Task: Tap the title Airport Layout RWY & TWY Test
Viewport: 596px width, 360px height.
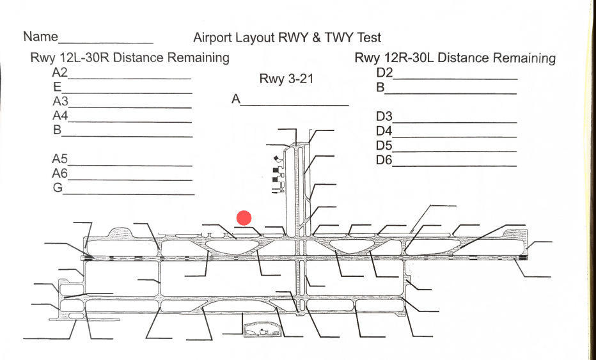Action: pyautogui.click(x=287, y=38)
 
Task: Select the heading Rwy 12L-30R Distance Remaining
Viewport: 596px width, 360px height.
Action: pyautogui.click(x=130, y=58)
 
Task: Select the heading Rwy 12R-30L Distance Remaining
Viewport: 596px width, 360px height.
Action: pyautogui.click(x=455, y=58)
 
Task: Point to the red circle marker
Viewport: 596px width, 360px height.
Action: pyautogui.click(x=244, y=218)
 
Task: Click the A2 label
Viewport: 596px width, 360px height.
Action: pyautogui.click(x=60, y=72)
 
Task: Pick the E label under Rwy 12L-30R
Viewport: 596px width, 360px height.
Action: pyautogui.click(x=57, y=86)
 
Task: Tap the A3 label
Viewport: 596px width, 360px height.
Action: pyautogui.click(x=60, y=101)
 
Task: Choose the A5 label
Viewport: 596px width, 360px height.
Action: pyautogui.click(x=60, y=159)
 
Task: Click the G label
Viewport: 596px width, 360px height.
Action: pyautogui.click(x=58, y=187)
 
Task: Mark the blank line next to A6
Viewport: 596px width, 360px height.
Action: pyautogui.click(x=130, y=180)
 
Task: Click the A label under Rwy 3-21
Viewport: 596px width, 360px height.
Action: pyautogui.click(x=236, y=99)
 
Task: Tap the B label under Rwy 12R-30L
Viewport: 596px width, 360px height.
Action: pyautogui.click(x=380, y=87)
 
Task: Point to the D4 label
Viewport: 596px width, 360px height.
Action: pyautogui.click(x=384, y=131)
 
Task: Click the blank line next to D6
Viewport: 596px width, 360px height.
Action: pyautogui.click(x=455, y=166)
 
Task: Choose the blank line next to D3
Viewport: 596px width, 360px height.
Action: pyautogui.click(x=455, y=121)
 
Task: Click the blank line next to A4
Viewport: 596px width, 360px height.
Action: pyautogui.click(x=130, y=121)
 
